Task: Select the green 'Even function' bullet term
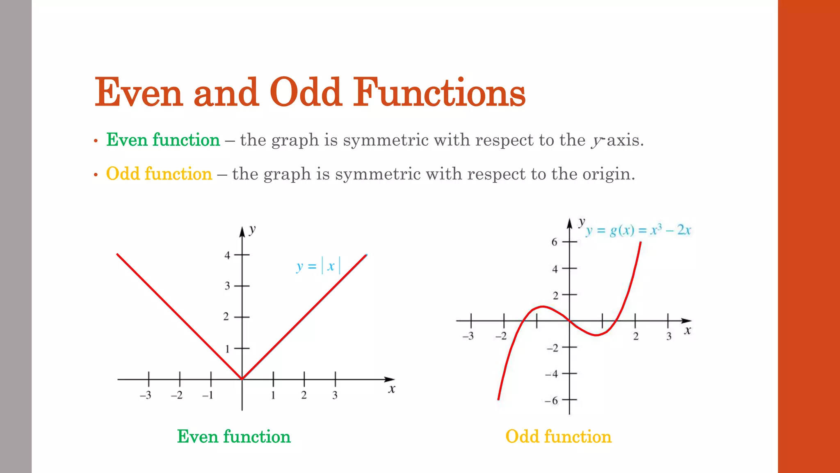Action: [163, 140]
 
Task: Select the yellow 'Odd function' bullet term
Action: [159, 174]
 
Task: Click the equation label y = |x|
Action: [318, 266]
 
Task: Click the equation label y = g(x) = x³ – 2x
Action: [638, 230]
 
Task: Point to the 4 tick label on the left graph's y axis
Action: [227, 255]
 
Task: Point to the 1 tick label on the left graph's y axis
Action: [227, 349]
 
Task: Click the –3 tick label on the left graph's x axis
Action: [146, 395]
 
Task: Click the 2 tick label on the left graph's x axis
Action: [304, 395]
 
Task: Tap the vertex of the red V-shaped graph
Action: [242, 379]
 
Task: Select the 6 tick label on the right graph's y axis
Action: [554, 242]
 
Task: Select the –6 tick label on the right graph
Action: [552, 400]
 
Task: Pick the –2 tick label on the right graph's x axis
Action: [501, 336]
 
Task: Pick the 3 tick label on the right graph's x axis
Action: [669, 336]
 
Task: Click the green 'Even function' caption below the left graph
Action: [234, 436]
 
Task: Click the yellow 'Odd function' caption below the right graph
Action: [558, 436]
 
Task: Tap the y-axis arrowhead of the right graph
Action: [569, 224]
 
